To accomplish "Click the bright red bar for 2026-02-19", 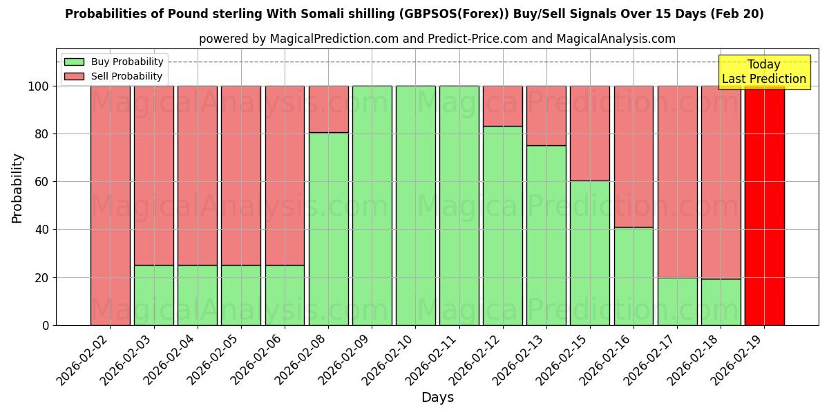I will (x=764, y=205).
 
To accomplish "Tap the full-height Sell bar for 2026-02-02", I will (x=110, y=205).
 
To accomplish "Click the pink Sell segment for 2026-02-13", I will (x=546, y=116).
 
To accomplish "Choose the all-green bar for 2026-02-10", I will (x=416, y=205).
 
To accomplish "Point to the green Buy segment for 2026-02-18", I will (x=721, y=302).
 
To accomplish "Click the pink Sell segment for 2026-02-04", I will (x=198, y=176).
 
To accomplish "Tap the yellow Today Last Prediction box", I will (x=763, y=72).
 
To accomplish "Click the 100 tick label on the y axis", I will (x=39, y=86).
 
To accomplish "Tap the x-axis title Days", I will (x=437, y=398).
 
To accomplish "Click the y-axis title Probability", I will (x=17, y=187).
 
